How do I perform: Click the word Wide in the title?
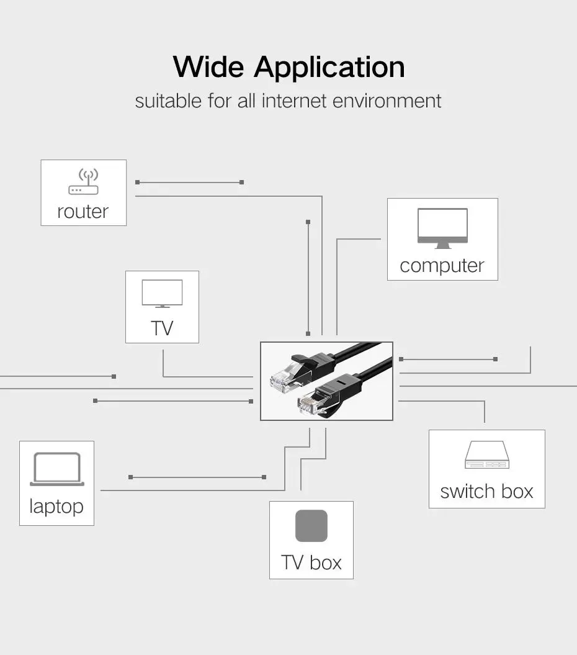[x=208, y=67]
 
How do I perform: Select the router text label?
[x=83, y=212]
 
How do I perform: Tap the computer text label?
[x=442, y=266]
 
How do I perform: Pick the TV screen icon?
[x=162, y=293]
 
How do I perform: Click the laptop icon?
[x=56, y=469]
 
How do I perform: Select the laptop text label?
[x=56, y=506]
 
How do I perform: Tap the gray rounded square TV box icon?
[x=311, y=526]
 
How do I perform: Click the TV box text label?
[x=311, y=562]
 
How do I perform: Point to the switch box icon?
[x=486, y=455]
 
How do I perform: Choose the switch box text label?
[x=486, y=492]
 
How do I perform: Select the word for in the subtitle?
[x=219, y=101]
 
